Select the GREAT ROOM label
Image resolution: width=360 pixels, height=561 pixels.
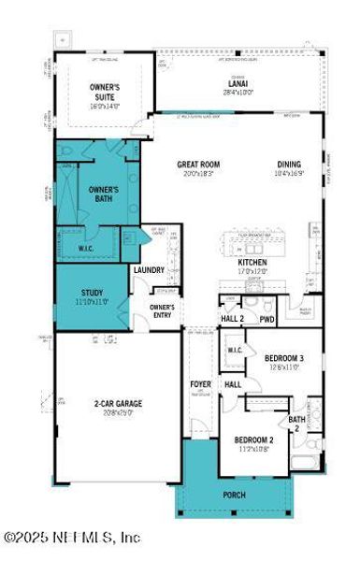(x=198, y=165)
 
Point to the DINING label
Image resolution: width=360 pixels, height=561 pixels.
(x=289, y=165)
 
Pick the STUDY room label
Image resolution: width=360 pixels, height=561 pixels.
(x=92, y=293)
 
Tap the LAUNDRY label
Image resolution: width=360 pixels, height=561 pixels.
(x=149, y=271)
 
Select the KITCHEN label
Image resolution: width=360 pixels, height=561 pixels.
(x=252, y=263)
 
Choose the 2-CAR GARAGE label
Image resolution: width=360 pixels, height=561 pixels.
(x=116, y=403)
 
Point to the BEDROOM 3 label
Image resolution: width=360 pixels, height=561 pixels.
(x=283, y=358)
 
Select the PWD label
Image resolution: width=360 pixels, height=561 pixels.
(x=267, y=320)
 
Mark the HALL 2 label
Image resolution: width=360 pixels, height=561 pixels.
(x=233, y=320)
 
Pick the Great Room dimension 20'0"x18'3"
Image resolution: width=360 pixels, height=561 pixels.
(x=198, y=174)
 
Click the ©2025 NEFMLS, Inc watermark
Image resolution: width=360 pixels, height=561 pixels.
(x=72, y=537)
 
